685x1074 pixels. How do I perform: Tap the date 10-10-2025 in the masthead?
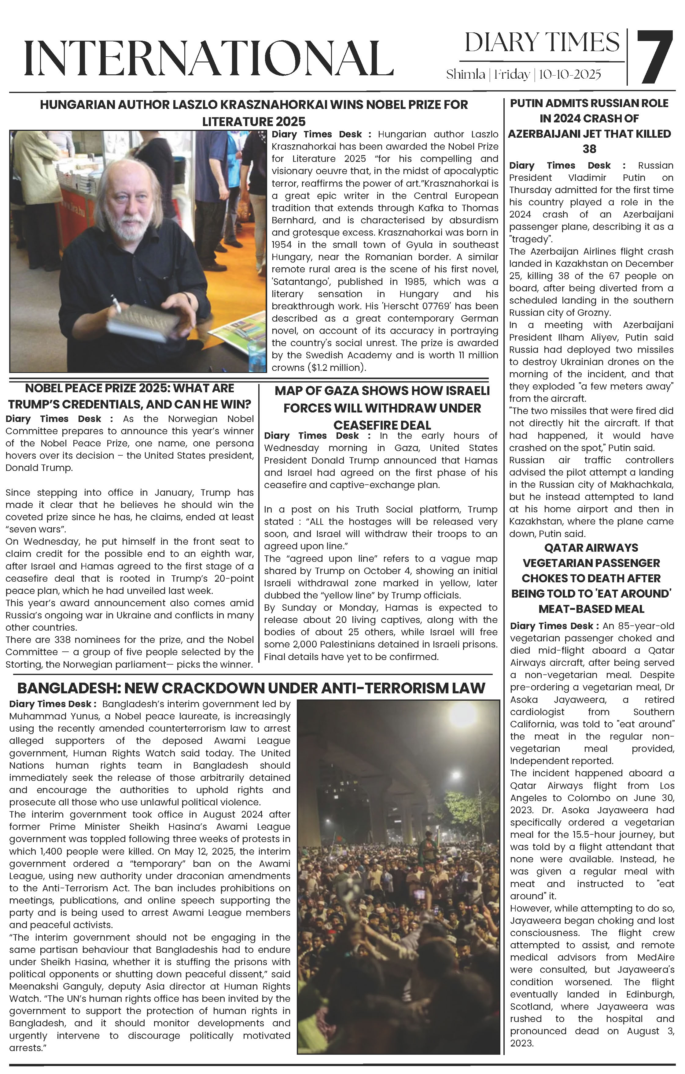570,74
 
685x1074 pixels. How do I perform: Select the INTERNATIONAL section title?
208,58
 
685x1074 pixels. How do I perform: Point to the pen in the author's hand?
117,305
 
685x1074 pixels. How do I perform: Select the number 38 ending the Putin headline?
589,149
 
